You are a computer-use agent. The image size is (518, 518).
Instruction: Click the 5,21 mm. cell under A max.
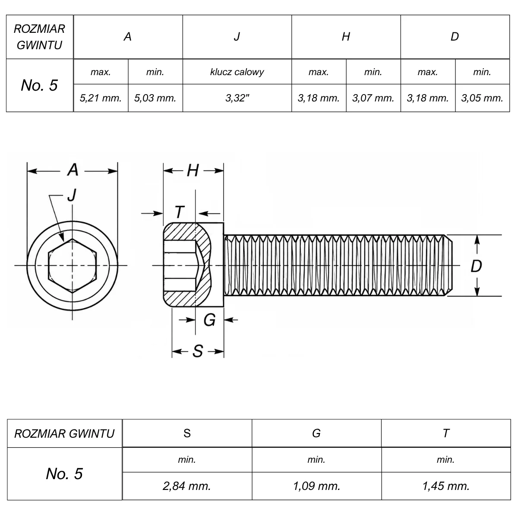point(101,98)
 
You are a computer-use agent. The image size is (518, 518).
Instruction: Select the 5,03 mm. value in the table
point(155,98)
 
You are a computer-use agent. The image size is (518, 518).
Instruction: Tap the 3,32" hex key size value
point(237,98)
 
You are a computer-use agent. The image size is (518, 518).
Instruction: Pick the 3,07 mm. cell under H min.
point(373,98)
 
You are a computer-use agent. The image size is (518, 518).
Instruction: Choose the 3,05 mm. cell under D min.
point(482,98)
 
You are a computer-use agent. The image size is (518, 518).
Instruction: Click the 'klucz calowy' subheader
point(237,72)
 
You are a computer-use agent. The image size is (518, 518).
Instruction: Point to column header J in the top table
point(237,37)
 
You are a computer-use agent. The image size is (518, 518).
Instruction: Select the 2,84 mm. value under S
point(187,486)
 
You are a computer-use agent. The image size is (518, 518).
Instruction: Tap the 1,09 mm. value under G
point(317,486)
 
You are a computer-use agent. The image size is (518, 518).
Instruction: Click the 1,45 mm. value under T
point(446,486)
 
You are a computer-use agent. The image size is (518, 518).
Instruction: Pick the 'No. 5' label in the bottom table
point(64,474)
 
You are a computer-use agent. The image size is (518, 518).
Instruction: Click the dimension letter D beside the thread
point(476,266)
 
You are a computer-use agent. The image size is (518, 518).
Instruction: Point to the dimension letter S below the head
point(198,351)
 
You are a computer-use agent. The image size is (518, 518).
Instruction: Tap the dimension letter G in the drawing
point(209,320)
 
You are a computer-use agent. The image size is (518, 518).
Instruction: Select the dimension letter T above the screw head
point(180,212)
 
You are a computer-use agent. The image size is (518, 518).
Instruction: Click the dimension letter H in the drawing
point(193,171)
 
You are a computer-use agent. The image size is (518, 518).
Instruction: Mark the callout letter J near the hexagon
point(72,195)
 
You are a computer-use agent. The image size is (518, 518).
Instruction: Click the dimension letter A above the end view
point(73,170)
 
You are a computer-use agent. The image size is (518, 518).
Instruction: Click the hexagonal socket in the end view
point(72,265)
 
